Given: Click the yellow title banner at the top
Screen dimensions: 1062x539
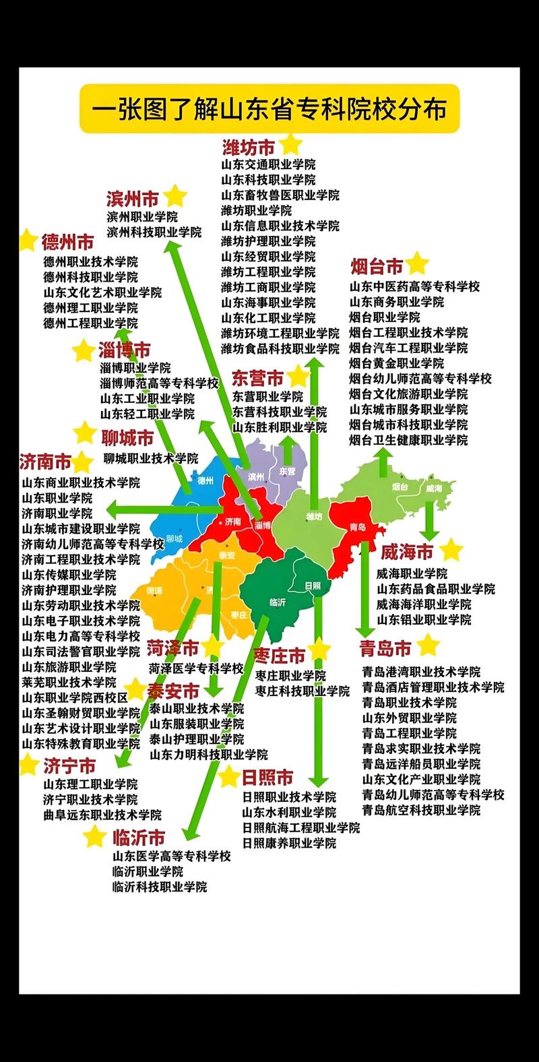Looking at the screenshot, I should (269, 109).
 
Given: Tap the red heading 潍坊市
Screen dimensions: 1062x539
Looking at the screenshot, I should (249, 147).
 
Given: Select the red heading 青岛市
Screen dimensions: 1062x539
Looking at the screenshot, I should (385, 649).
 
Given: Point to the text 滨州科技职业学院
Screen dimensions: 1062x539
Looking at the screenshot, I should (154, 232).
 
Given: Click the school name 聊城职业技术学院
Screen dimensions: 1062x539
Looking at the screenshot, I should (151, 458).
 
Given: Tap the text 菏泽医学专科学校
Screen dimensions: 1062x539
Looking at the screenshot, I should (195, 668).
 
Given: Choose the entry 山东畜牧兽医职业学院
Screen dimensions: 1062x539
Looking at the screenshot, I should (280, 195).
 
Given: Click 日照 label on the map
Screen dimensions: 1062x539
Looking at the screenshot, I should (312, 585).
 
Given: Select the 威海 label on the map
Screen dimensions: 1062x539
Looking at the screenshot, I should (433, 488).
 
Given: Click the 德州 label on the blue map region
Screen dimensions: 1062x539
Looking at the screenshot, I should (205, 480).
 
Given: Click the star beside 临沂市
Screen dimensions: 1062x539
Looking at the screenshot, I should (95, 837).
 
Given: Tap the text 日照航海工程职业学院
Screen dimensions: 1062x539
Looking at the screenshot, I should (301, 827).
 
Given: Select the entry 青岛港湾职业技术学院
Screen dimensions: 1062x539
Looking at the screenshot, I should (421, 672).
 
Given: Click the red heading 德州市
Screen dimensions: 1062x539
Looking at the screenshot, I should (67, 242).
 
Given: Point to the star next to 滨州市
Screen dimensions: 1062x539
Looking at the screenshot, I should (175, 196).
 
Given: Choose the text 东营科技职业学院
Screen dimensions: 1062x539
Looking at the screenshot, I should (280, 412).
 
